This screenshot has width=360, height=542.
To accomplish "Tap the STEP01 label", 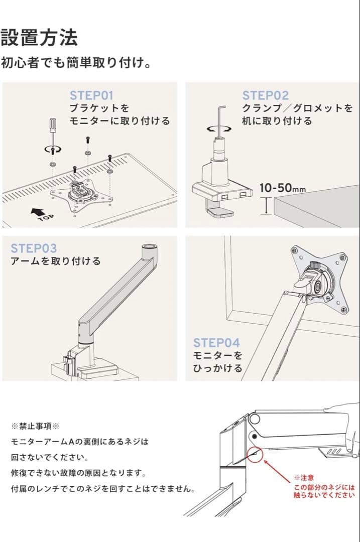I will [91, 95].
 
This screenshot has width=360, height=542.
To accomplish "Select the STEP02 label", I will [266, 95].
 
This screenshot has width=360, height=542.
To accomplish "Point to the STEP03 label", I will [34, 248].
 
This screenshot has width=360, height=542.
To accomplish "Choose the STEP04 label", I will [216, 343].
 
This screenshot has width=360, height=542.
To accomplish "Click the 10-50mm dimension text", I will [282, 188].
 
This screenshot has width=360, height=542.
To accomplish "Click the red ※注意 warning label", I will [304, 478].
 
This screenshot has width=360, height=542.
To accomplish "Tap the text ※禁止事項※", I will [35, 426].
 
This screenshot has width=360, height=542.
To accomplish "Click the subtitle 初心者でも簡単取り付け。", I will [76, 64].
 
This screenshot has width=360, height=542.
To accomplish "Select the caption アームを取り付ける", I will [55, 261].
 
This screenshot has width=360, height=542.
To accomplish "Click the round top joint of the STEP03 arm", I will [149, 247].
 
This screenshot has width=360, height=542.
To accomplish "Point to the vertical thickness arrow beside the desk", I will [266, 206].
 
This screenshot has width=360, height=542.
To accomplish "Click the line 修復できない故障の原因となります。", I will [78, 473].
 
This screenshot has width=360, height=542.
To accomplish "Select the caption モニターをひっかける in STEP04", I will [217, 362].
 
